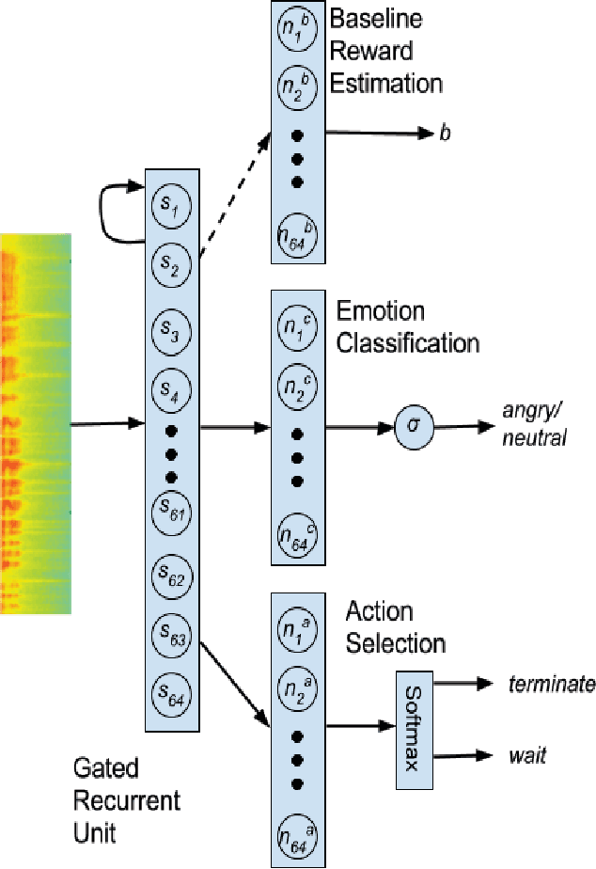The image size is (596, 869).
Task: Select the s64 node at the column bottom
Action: pyautogui.click(x=170, y=697)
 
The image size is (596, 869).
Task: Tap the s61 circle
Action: pyautogui.click(x=170, y=513)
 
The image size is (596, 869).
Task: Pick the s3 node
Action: pyautogui.click(x=170, y=332)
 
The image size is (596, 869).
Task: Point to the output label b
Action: pyautogui.click(x=445, y=134)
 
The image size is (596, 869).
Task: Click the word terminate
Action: pyautogui.click(x=552, y=684)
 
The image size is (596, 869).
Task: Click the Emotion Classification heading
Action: pyautogui.click(x=407, y=325)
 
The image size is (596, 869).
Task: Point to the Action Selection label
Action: pyautogui.click(x=395, y=627)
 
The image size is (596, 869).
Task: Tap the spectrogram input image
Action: pyautogui.click(x=35, y=423)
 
